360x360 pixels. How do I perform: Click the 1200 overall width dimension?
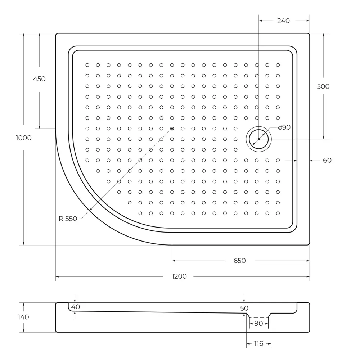(x=179, y=276)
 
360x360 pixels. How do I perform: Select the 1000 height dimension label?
(x=24, y=138)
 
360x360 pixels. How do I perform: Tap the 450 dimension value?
(x=39, y=79)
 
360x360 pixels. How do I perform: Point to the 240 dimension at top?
(x=283, y=21)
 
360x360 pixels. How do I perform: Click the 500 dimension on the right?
(x=323, y=86)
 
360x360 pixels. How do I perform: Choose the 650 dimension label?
(x=239, y=261)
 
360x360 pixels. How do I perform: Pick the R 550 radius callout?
(x=68, y=219)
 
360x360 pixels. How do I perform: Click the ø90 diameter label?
(x=284, y=127)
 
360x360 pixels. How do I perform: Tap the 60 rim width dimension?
(x=327, y=161)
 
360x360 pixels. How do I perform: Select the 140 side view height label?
(x=23, y=317)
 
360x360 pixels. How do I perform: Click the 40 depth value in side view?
(x=75, y=307)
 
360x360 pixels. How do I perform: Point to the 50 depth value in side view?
(x=244, y=308)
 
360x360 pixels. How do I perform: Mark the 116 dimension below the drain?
(x=258, y=344)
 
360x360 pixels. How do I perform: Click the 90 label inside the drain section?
(x=258, y=324)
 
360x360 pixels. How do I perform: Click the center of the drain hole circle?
(x=258, y=139)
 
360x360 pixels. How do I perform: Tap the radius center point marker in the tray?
(x=172, y=129)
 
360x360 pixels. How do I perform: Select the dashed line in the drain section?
(x=258, y=318)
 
